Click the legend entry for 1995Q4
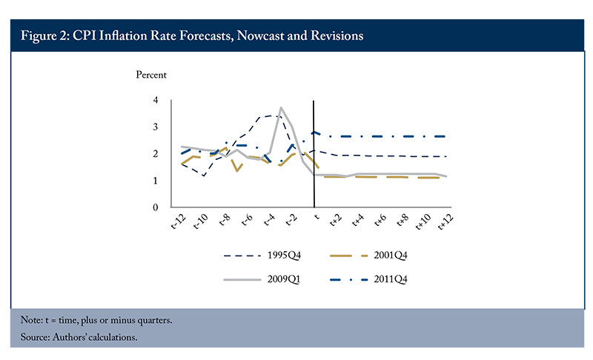284,256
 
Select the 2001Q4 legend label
391,256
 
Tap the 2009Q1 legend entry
284,279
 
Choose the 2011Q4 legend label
391,279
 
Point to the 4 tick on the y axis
156,100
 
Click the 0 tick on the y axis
156,207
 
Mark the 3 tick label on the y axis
156,127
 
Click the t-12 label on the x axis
179,221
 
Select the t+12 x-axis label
445,221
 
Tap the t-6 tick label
247,220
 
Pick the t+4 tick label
358,220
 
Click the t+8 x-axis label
402,220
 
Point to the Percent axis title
151,75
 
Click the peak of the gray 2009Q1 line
281,107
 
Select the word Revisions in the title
337,36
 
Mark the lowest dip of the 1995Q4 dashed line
204,176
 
